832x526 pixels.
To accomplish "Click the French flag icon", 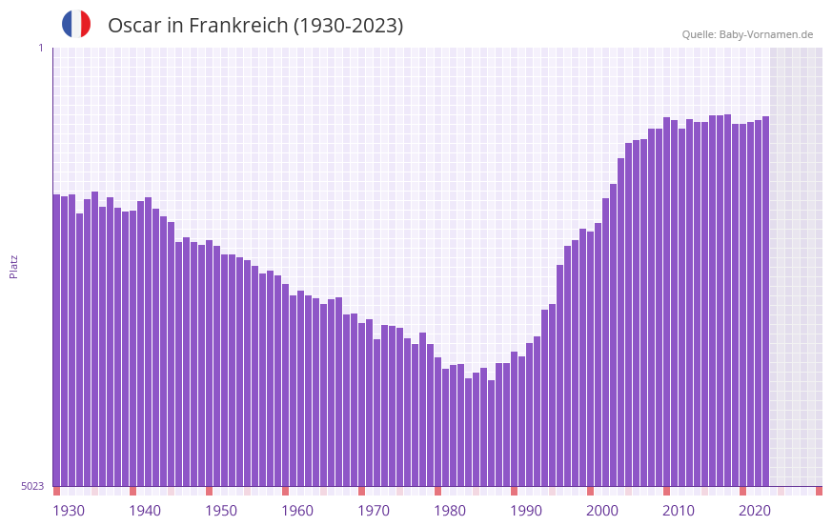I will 76,24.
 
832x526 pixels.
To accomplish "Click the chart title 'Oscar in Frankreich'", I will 255,26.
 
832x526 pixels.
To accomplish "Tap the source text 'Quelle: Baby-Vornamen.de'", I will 747,34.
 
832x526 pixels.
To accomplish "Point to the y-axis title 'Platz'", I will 13,266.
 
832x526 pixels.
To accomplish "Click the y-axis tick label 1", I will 40,48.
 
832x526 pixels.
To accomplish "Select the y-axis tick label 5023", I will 32,486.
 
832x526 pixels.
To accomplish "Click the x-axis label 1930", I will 69,511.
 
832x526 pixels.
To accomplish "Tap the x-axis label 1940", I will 145,511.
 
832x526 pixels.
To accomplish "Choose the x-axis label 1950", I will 221,511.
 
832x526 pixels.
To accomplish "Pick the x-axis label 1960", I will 297,511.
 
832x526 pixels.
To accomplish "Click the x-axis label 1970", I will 374,511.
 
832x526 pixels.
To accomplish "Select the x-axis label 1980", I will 450,511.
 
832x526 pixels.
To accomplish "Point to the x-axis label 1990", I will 526,511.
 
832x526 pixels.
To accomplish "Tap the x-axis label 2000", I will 602,511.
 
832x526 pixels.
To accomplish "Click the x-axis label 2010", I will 679,511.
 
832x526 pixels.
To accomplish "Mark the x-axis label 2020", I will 755,511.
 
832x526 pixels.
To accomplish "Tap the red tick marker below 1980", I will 437,491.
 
